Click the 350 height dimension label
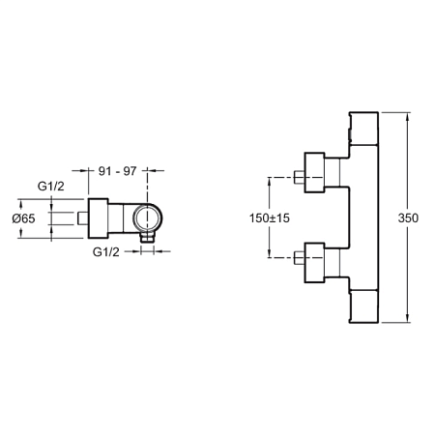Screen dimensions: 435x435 click(408, 218)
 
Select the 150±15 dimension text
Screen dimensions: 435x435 click(270, 218)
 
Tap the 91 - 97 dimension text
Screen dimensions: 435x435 click(118, 171)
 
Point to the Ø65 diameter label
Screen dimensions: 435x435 click(23, 218)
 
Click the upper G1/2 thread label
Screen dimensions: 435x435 click(51, 186)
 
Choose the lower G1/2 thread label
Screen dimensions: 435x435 click(106, 251)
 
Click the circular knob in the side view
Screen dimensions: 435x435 click(148, 218)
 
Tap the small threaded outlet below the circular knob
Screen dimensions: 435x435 click(148, 239)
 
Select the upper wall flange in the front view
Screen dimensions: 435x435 click(314, 172)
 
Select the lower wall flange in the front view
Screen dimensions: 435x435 click(314, 263)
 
